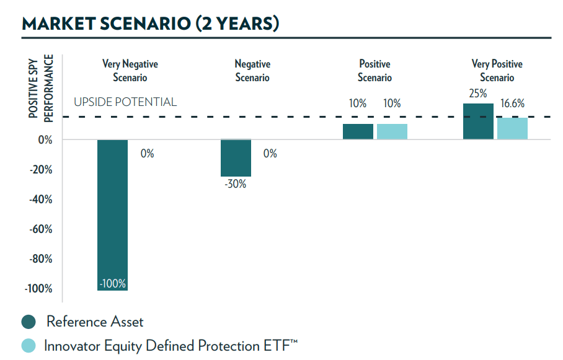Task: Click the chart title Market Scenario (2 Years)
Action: click(x=150, y=24)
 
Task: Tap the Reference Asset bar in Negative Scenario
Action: click(x=236, y=158)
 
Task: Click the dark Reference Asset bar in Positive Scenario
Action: click(x=358, y=131)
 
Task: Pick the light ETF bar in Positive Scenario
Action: click(x=392, y=131)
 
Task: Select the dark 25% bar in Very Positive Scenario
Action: click(x=479, y=121)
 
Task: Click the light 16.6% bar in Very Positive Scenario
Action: click(x=512, y=128)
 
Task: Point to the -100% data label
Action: click(x=113, y=284)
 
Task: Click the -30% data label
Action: click(x=236, y=184)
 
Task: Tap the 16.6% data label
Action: click(x=513, y=103)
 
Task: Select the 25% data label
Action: click(x=478, y=93)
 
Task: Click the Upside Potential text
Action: click(x=125, y=102)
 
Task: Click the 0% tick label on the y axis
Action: click(x=44, y=140)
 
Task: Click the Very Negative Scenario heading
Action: click(x=130, y=71)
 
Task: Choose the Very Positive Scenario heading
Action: click(x=497, y=71)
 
